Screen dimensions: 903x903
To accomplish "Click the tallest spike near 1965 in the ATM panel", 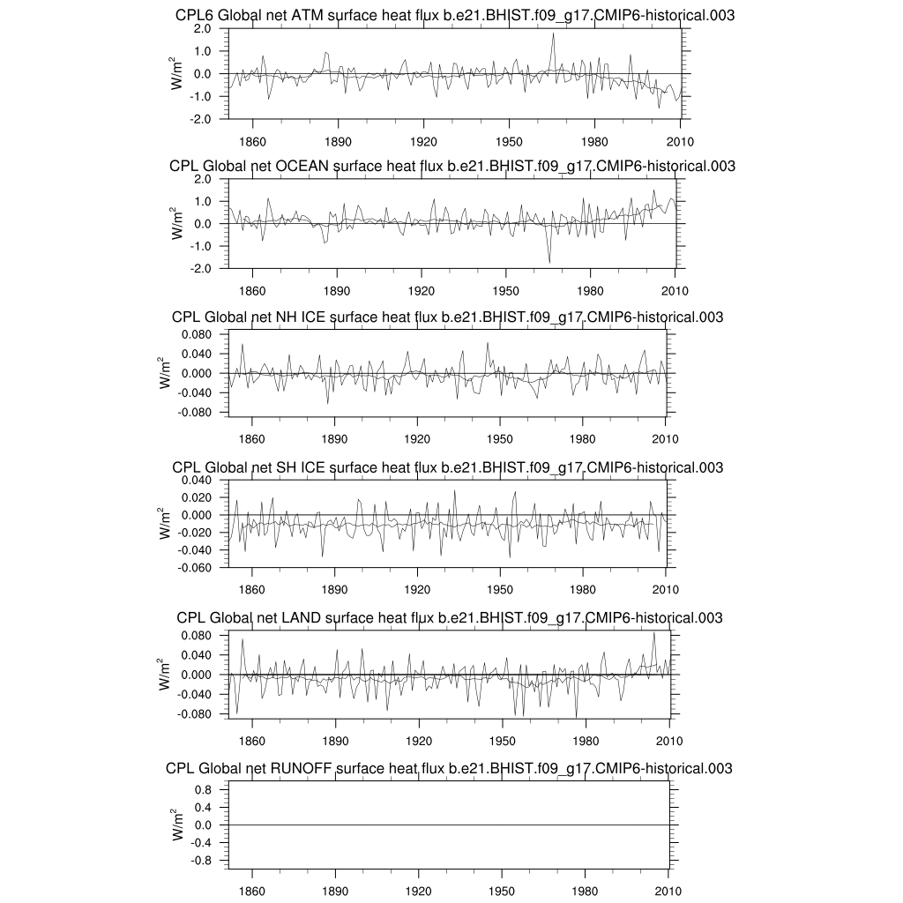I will click(553, 34).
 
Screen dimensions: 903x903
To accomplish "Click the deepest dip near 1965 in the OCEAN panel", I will click(549, 262).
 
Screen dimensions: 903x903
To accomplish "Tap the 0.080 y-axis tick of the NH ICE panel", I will click(194, 334).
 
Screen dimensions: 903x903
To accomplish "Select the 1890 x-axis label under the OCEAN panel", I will click(336, 291).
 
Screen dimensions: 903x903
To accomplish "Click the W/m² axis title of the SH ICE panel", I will click(165, 523).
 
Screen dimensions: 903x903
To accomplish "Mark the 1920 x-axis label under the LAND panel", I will click(418, 742).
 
